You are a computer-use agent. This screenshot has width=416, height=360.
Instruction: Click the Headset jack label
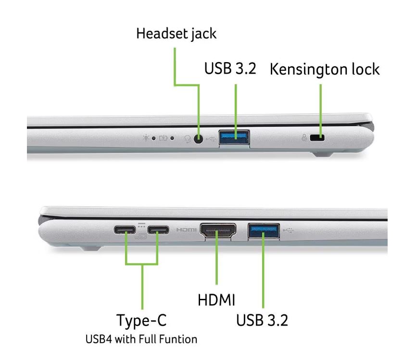pos(176,34)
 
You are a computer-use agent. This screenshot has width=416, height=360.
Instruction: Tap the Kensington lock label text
pos(325,69)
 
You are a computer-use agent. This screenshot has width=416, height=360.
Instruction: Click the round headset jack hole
pos(198,139)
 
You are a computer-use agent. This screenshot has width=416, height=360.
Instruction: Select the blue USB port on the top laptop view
pos(234,137)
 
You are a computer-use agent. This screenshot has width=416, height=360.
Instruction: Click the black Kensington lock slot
pos(317,138)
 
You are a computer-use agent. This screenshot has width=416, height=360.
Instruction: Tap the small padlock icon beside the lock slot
pos(304,138)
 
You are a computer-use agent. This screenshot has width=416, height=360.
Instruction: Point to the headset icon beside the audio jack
pos(188,139)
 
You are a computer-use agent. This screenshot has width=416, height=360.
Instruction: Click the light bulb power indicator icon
pos(145,138)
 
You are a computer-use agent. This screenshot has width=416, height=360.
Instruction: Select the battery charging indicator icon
pos(163,138)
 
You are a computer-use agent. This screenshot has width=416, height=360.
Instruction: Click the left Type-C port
pos(125,230)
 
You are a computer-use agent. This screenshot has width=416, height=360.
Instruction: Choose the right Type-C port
pos(158,230)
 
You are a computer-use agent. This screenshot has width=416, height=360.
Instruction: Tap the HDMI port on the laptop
pos(218,230)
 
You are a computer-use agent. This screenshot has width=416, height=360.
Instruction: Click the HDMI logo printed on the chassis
pos(186,230)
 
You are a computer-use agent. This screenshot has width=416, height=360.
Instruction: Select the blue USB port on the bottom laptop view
pos(264,231)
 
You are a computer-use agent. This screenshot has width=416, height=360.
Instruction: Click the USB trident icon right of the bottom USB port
pos(288,230)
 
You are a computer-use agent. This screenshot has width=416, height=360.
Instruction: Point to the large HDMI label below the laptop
pos(216,300)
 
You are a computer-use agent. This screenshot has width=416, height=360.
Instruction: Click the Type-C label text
pos(141,320)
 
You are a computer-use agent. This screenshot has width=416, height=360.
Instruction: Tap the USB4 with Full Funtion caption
pos(141,339)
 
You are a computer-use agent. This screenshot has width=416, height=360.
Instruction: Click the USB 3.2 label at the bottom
pos(262,320)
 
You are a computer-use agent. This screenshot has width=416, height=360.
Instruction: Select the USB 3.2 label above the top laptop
pos(230,68)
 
